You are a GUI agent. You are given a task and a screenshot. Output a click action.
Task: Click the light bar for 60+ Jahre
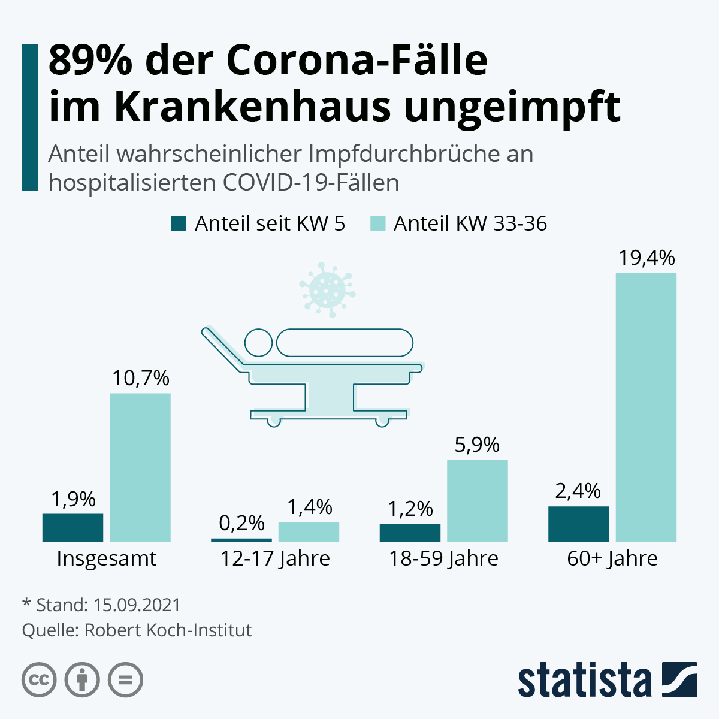pos(646,407)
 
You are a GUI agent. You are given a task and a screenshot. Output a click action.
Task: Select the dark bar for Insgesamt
pos(72,527)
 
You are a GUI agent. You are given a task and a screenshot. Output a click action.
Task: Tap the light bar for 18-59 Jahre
pos(478,500)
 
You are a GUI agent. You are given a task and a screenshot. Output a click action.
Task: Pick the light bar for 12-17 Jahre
pos(309,531)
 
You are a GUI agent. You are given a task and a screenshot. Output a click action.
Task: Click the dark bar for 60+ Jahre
pos(578,524)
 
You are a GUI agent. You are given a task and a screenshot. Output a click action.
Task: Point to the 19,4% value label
pos(647,258)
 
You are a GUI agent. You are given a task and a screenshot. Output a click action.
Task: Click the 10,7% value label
pos(141,378)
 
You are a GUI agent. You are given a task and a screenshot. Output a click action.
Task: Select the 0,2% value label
pos(241,523)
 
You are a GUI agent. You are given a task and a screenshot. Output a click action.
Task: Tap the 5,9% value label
pos(477,445)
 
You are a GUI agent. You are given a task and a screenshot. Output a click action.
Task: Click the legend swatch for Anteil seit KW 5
pos(179,223)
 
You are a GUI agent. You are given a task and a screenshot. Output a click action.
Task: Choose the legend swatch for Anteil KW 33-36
pos(377,223)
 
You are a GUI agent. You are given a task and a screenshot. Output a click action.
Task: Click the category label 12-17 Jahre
pos(275,558)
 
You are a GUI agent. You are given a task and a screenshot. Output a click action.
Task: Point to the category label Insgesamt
pos(106,558)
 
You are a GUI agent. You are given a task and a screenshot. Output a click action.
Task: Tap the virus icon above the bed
pos(327,289)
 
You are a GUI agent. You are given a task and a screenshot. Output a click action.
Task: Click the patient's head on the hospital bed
pos(258,343)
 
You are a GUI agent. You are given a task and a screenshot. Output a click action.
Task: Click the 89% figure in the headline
pos(90,60)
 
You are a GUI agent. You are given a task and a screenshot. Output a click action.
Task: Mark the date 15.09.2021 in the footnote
pos(137,605)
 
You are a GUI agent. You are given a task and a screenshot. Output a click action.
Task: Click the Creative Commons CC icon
pos(39,680)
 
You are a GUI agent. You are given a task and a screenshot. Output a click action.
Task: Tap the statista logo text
pos(584,680)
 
